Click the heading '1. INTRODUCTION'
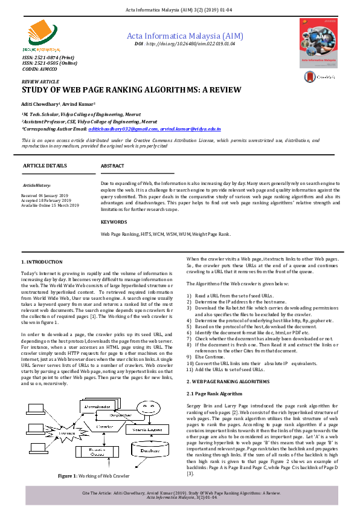tap(42, 262)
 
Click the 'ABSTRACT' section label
tap(112, 166)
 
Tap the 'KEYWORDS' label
tap(114, 222)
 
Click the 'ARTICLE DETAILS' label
tap(45, 166)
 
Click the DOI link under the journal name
tap(185, 44)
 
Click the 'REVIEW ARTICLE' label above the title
tap(40, 80)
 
